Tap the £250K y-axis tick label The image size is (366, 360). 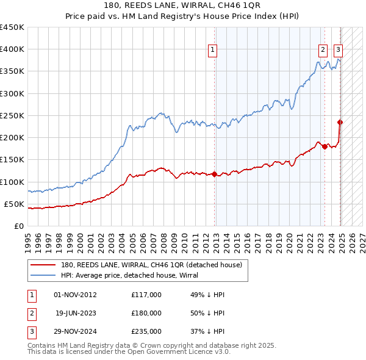pyautogui.click(x=12, y=115)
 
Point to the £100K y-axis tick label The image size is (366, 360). pyautogui.click(x=12, y=182)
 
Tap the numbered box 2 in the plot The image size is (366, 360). pyautogui.click(x=322, y=51)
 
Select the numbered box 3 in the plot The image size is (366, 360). pyautogui.click(x=338, y=51)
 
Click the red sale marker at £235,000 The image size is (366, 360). pyautogui.click(x=340, y=122)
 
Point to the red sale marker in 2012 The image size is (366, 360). pyautogui.click(x=215, y=174)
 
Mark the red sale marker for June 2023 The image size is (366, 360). pyautogui.click(x=325, y=146)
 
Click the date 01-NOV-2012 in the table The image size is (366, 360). pyautogui.click(x=75, y=295)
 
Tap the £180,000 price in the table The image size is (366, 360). pyautogui.click(x=146, y=312)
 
